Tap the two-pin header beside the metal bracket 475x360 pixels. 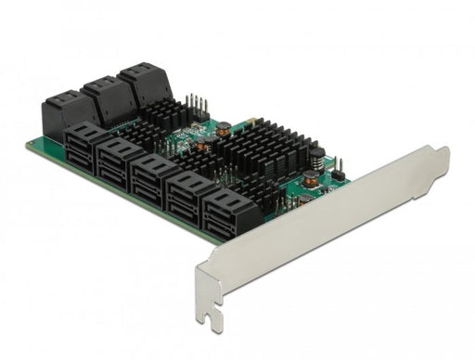pos(340,170)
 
